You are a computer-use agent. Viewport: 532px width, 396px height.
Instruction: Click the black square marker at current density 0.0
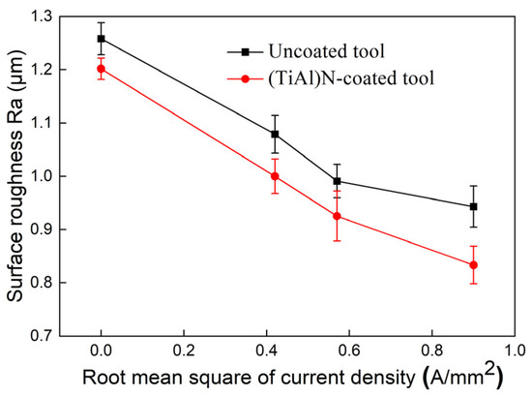tap(101, 39)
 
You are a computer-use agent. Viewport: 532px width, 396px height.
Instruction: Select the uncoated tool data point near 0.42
tap(275, 134)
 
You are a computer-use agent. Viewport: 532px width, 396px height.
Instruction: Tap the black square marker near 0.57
tap(337, 181)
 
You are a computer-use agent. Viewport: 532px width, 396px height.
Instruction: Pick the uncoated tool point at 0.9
tap(473, 206)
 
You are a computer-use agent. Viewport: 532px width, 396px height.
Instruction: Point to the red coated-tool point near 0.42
tap(275, 176)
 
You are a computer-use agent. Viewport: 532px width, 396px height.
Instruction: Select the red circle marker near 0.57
tap(337, 216)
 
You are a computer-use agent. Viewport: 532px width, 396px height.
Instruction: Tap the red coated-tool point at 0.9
tap(473, 264)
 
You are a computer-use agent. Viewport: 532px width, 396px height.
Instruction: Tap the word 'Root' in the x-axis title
tap(108, 376)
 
